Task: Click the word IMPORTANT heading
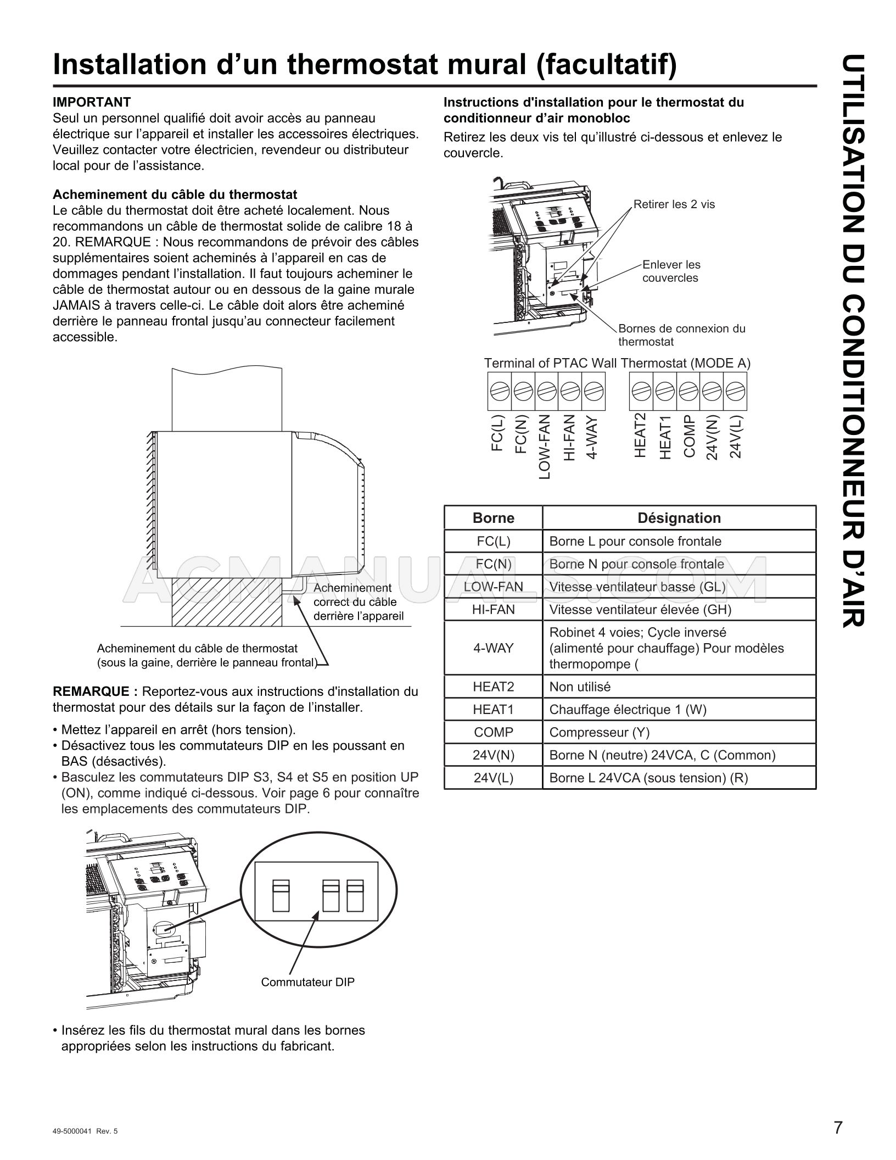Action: (x=92, y=102)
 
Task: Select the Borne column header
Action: (x=493, y=518)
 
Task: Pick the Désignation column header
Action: (x=679, y=518)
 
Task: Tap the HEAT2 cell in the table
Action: (x=493, y=687)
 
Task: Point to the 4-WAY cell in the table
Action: (x=493, y=648)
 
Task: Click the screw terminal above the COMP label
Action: (x=688, y=391)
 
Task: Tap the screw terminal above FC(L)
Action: (x=499, y=391)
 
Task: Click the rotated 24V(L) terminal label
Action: (x=736, y=437)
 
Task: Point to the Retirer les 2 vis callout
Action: (x=674, y=204)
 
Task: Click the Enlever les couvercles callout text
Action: (x=671, y=271)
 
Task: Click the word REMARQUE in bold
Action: (x=91, y=691)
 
